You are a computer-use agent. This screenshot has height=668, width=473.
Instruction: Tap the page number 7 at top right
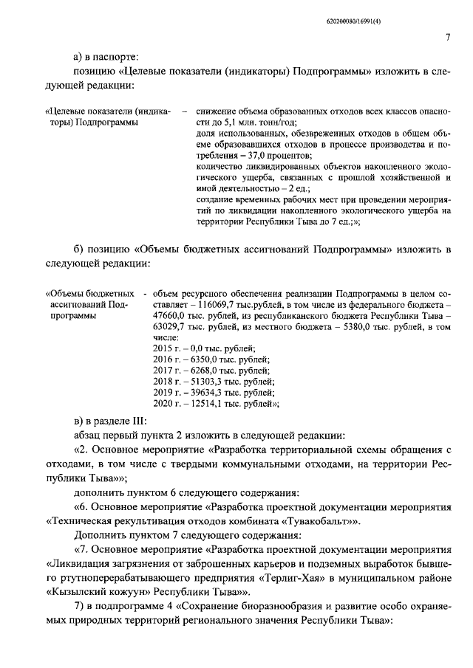coord(448,38)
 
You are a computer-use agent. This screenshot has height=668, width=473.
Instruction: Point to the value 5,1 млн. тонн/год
coord(254,122)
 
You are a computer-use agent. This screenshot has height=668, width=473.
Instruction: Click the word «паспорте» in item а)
coord(112,56)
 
